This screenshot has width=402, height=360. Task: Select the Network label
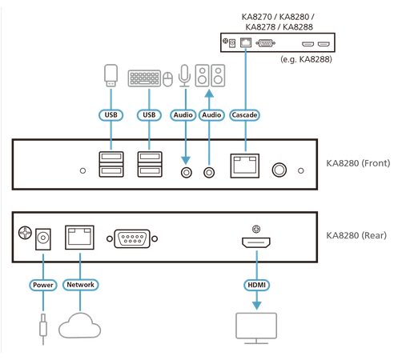coord(80,285)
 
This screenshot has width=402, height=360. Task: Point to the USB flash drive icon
coord(112,75)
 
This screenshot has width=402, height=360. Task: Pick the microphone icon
coord(185,76)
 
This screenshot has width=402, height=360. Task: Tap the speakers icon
coord(211,76)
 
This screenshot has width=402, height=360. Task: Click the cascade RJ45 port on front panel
coord(244,166)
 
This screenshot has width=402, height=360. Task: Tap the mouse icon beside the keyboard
coord(167,78)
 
